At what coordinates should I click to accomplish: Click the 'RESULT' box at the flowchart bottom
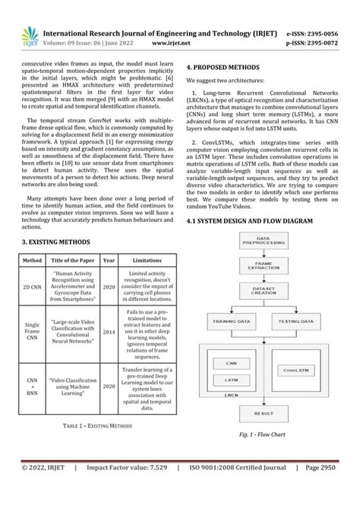pos(264,413)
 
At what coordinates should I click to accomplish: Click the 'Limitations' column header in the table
pos(147,260)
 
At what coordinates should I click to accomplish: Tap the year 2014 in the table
pos(109,332)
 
